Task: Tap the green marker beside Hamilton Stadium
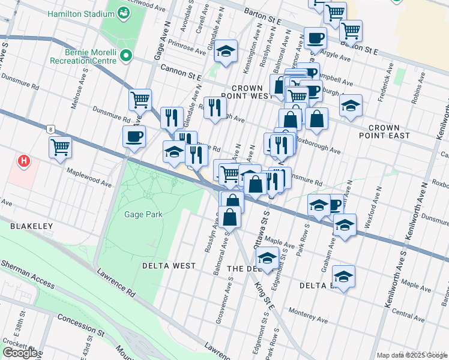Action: coord(124,12)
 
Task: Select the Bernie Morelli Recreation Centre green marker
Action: coord(126,56)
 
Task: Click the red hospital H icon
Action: coord(24,161)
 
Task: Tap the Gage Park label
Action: coord(143,214)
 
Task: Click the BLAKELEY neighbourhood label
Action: coord(31,226)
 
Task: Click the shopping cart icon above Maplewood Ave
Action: coord(60,146)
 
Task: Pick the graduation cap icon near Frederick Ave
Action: coord(351,105)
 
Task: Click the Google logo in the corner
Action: coord(20,353)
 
